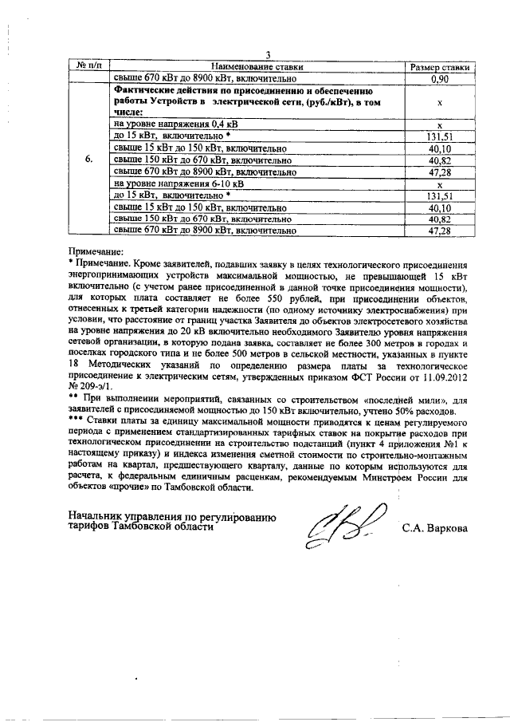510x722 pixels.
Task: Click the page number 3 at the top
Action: click(269, 55)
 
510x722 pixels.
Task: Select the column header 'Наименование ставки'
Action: click(257, 68)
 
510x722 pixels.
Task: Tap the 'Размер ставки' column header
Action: click(439, 68)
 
